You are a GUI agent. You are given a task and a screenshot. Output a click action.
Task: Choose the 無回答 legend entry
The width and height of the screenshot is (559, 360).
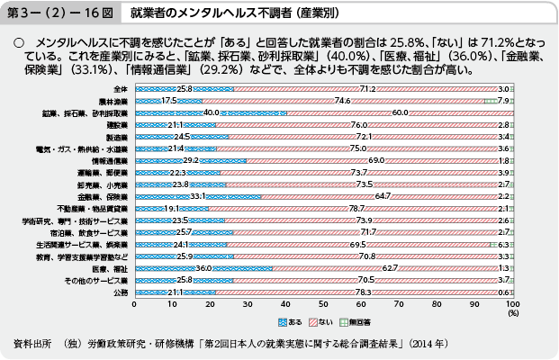pos(363,320)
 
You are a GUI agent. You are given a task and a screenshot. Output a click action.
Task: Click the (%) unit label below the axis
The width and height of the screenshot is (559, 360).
pos(511,314)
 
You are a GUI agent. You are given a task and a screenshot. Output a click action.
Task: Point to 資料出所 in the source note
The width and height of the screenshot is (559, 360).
pos(35,345)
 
